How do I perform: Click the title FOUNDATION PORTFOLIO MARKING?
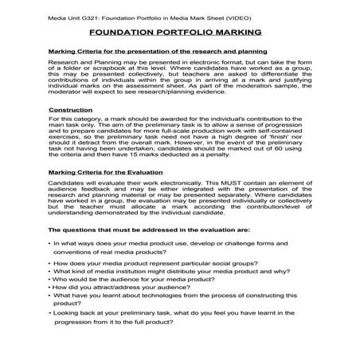click(x=179, y=32)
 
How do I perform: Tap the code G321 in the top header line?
click(x=104, y=14)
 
